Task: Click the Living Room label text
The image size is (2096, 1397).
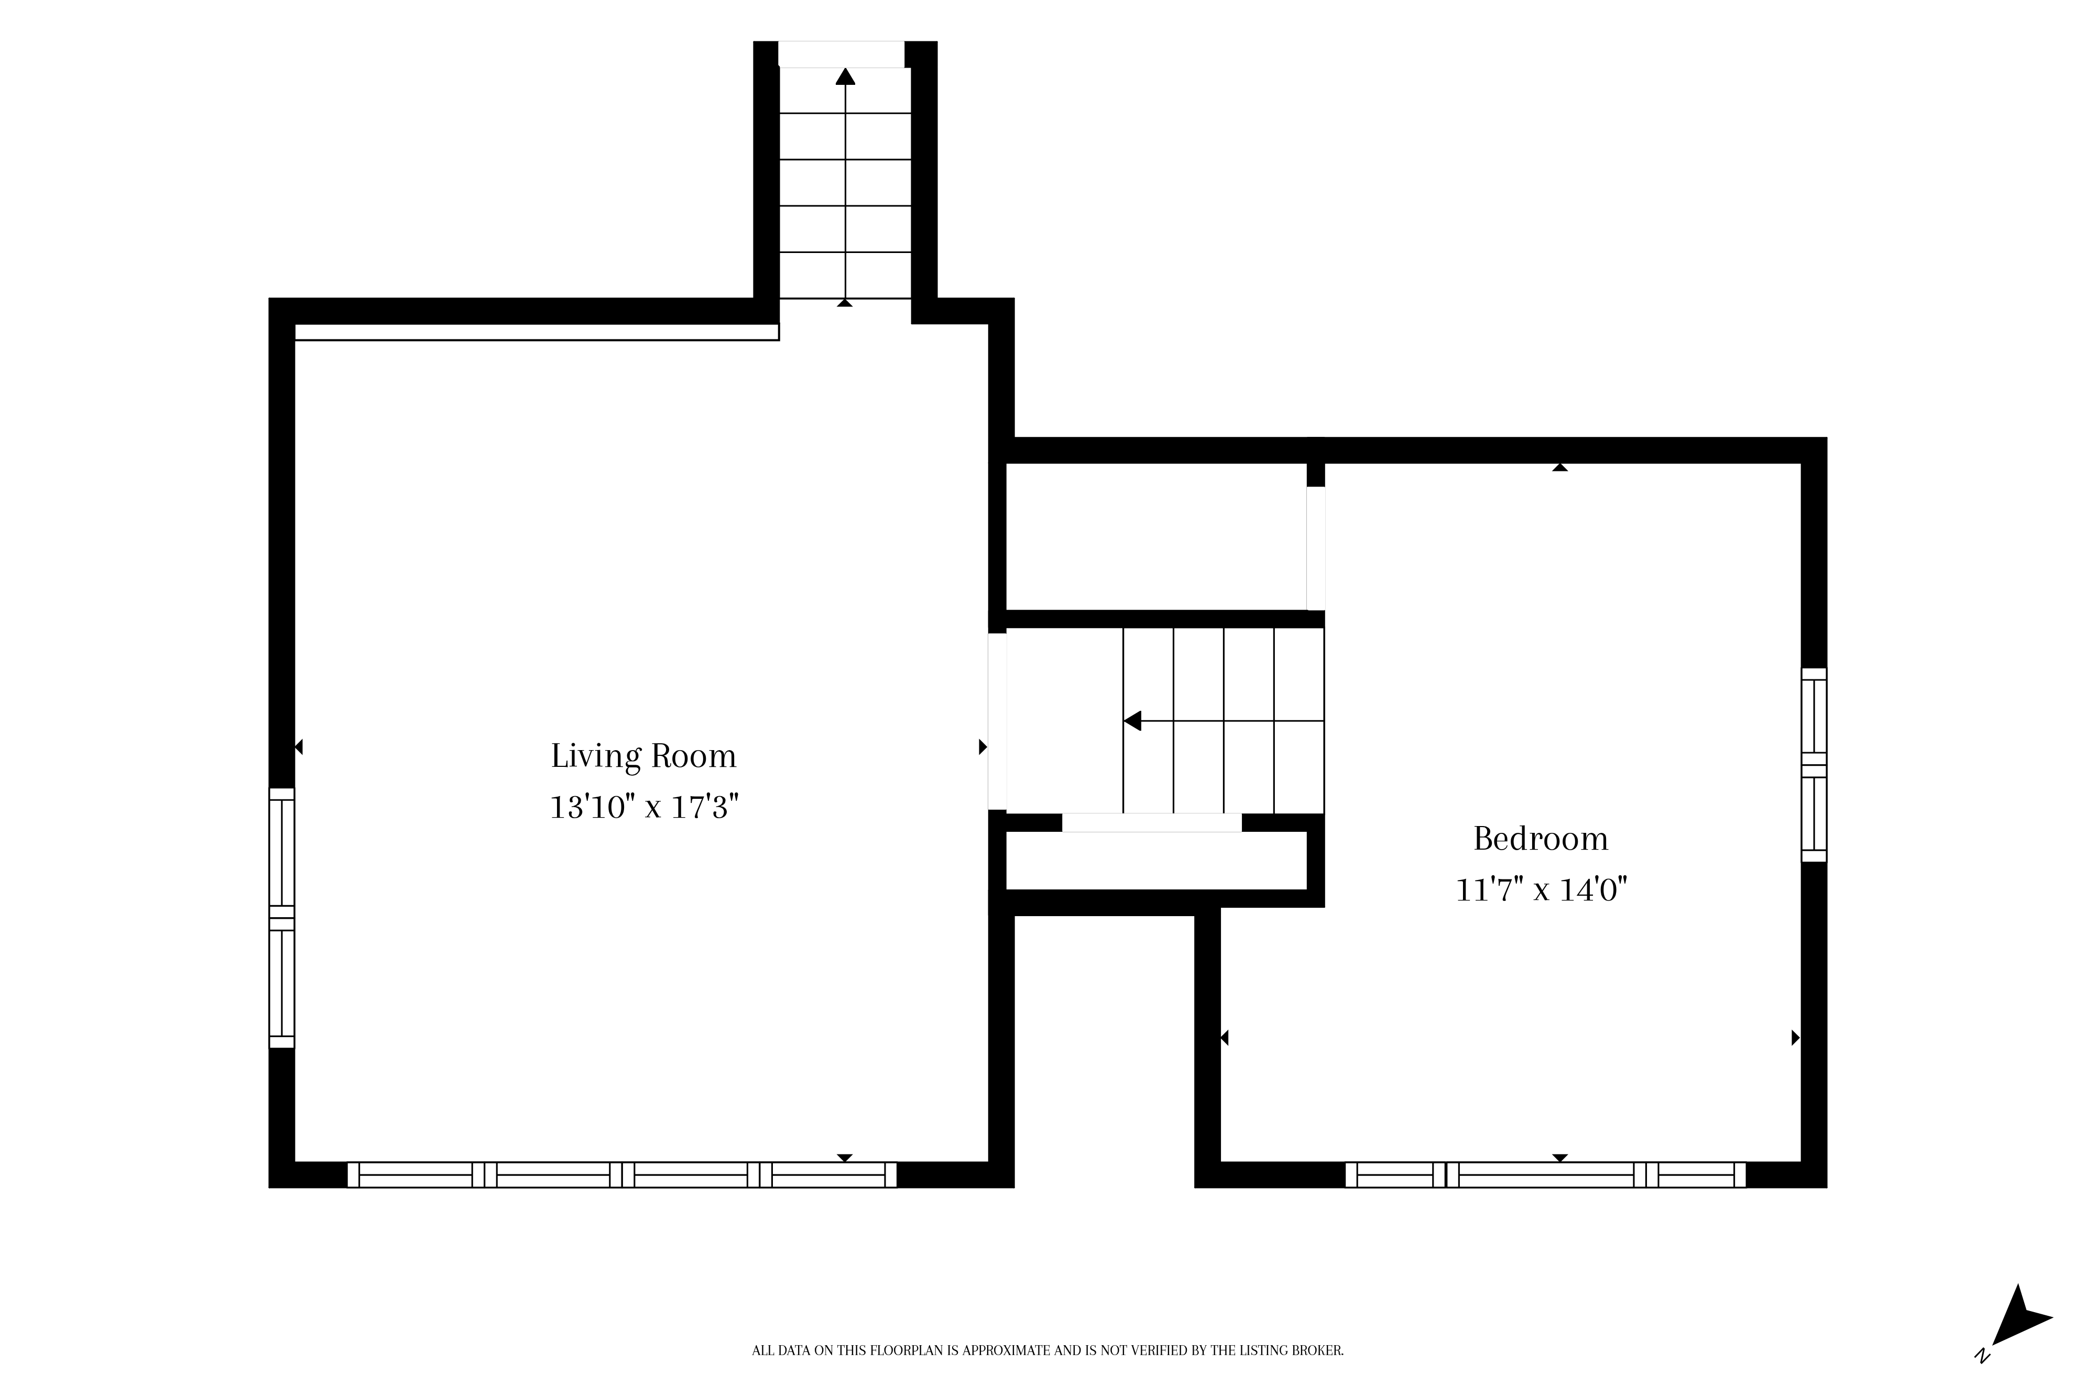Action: coord(643,756)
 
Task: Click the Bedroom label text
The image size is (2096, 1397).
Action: coord(1541,839)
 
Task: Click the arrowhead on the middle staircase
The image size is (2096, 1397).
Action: coord(1132,721)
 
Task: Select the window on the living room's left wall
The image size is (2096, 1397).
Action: coord(281,918)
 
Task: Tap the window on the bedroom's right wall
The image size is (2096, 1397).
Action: coord(1815,764)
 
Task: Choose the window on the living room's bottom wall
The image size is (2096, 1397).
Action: coord(622,1175)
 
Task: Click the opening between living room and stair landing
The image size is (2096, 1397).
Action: coord(997,721)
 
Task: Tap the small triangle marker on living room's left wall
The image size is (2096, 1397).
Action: coord(299,746)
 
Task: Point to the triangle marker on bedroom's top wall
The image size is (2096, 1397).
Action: coord(1559,467)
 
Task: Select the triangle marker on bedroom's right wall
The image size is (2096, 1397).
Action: coord(1796,1037)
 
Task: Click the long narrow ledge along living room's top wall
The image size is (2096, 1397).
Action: coord(537,332)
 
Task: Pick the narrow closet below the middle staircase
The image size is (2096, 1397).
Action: coord(1156,861)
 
